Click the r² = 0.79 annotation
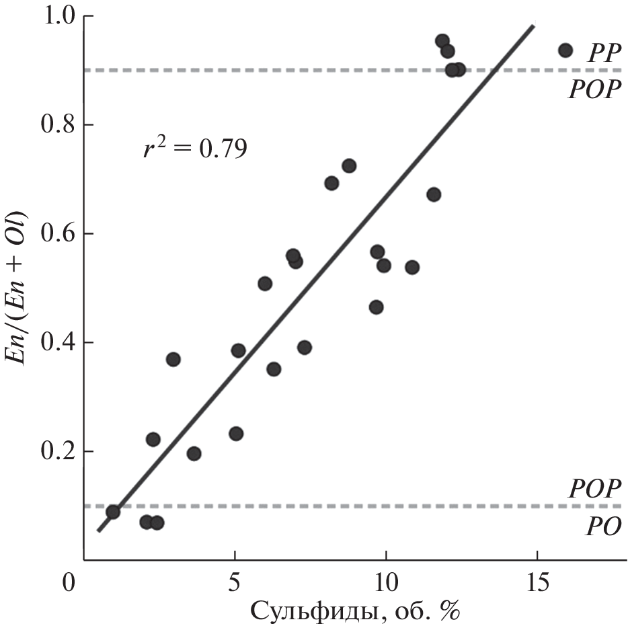click(x=194, y=148)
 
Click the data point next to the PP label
click(x=565, y=50)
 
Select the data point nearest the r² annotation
click(x=173, y=359)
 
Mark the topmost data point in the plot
click(x=442, y=41)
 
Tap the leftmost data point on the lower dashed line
click(x=113, y=512)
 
